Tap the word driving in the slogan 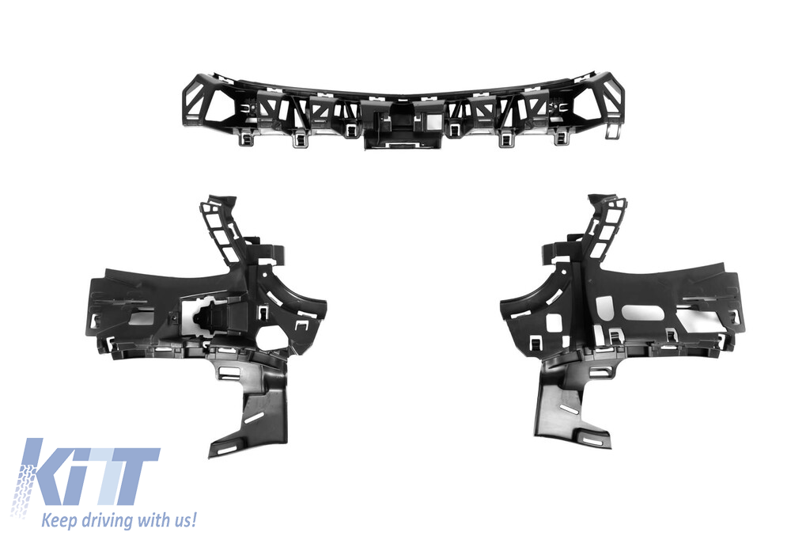pyautogui.click(x=99, y=521)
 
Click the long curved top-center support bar pyautogui.click(x=403, y=109)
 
